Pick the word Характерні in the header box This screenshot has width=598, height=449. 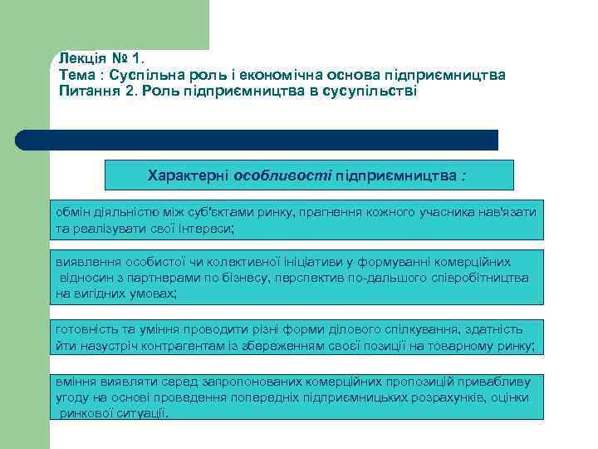pos(189,176)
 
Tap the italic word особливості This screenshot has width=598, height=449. pos(283,176)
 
